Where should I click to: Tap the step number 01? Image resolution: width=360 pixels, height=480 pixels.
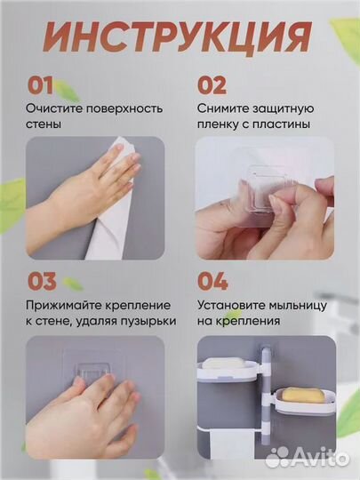(41, 85)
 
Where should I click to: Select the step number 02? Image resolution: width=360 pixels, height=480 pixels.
(211, 85)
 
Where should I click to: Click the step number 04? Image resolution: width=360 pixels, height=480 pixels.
(212, 282)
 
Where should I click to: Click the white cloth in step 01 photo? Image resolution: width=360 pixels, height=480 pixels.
(111, 222)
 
